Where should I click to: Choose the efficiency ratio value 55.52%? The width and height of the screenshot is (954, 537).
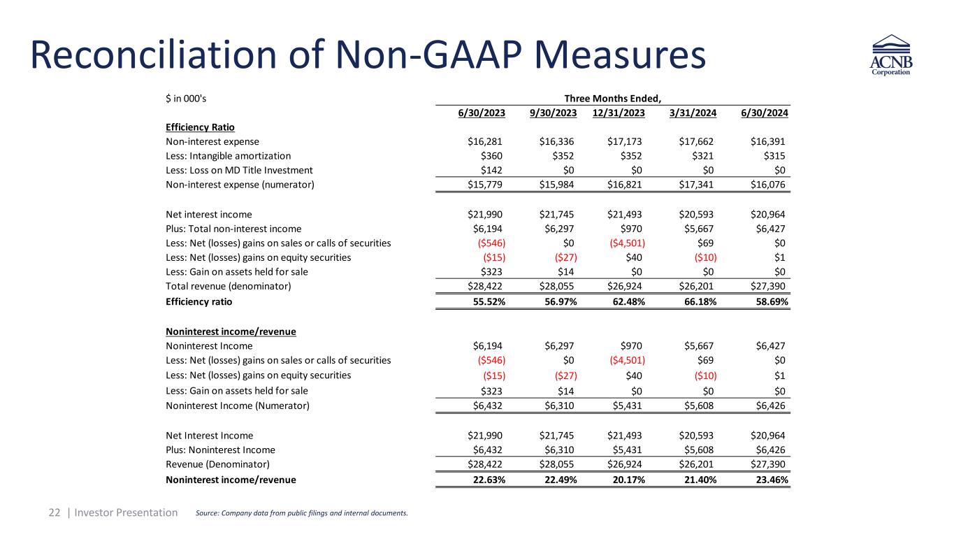point(487,302)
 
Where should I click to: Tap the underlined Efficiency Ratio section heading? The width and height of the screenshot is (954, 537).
point(200,127)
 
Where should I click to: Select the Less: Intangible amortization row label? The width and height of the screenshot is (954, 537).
point(228,156)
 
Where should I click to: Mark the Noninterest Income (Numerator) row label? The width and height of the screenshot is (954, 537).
point(238,406)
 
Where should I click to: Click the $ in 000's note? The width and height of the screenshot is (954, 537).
point(186,99)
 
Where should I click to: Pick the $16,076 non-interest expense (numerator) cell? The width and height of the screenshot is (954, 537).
point(767,185)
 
